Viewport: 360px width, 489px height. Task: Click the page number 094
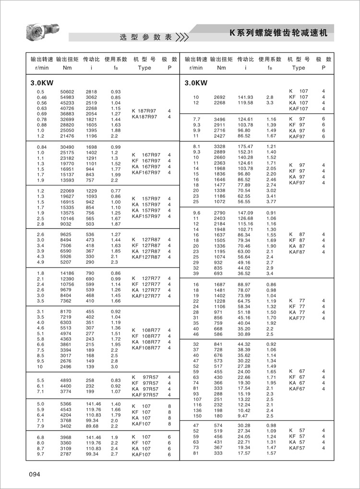tap(34, 474)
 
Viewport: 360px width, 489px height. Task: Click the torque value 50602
tap(67, 92)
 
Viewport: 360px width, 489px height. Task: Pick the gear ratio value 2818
tap(91, 92)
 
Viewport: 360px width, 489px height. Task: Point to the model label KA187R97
tap(144, 117)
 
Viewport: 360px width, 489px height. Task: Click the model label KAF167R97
tap(146, 172)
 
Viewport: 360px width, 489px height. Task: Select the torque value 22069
tap(67, 191)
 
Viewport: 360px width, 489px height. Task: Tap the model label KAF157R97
tap(146, 217)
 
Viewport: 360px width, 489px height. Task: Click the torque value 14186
tap(67, 273)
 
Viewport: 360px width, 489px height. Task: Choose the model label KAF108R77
tap(146, 347)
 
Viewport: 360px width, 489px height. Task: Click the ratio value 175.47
tap(245, 146)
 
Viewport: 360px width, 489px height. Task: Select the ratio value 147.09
tap(245, 213)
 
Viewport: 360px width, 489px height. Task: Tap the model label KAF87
tap(297, 252)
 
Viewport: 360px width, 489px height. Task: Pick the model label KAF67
tap(297, 389)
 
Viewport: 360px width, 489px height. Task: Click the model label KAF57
tap(297, 448)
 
